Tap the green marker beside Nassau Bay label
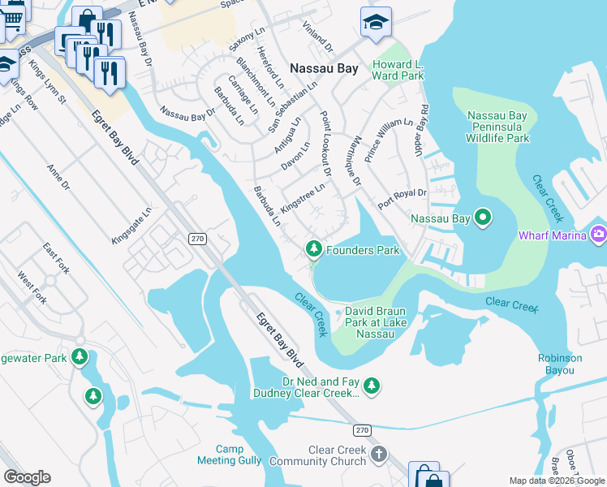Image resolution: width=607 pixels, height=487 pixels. tap(483, 218)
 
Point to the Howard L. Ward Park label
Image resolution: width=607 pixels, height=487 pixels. tap(398, 70)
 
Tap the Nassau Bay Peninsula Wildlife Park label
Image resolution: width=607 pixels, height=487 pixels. tap(497, 127)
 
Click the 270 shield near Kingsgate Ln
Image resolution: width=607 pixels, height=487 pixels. tap(197, 239)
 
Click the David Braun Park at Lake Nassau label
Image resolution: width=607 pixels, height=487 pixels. tap(375, 322)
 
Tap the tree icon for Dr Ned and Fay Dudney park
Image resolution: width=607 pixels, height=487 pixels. tap(372, 385)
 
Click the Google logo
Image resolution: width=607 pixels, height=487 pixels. tap(27, 477)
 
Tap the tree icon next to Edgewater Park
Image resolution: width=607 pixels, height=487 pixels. tap(80, 356)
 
